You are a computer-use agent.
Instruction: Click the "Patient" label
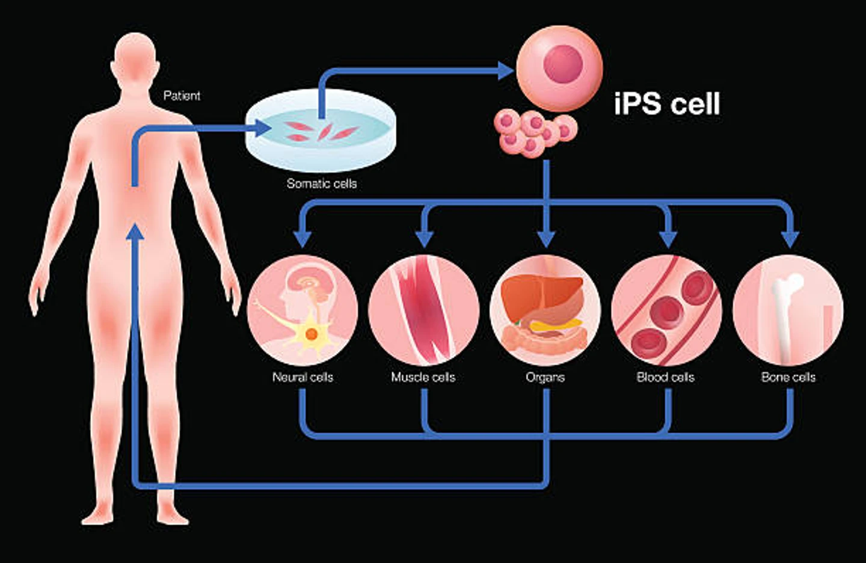[182, 96]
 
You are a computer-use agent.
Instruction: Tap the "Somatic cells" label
[322, 183]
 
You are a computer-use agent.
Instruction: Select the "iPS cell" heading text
[667, 103]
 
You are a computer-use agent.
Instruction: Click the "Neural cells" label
[302, 377]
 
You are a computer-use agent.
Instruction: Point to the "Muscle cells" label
[423, 377]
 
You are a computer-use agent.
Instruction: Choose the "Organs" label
[545, 377]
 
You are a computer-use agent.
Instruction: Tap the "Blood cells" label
[666, 377]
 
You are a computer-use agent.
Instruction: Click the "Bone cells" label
[788, 377]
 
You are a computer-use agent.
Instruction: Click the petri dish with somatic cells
[321, 129]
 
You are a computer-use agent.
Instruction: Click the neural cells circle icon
[302, 310]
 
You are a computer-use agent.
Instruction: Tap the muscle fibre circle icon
[424, 310]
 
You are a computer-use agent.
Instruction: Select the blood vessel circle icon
[666, 310]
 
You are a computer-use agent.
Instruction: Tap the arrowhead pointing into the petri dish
[263, 128]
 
